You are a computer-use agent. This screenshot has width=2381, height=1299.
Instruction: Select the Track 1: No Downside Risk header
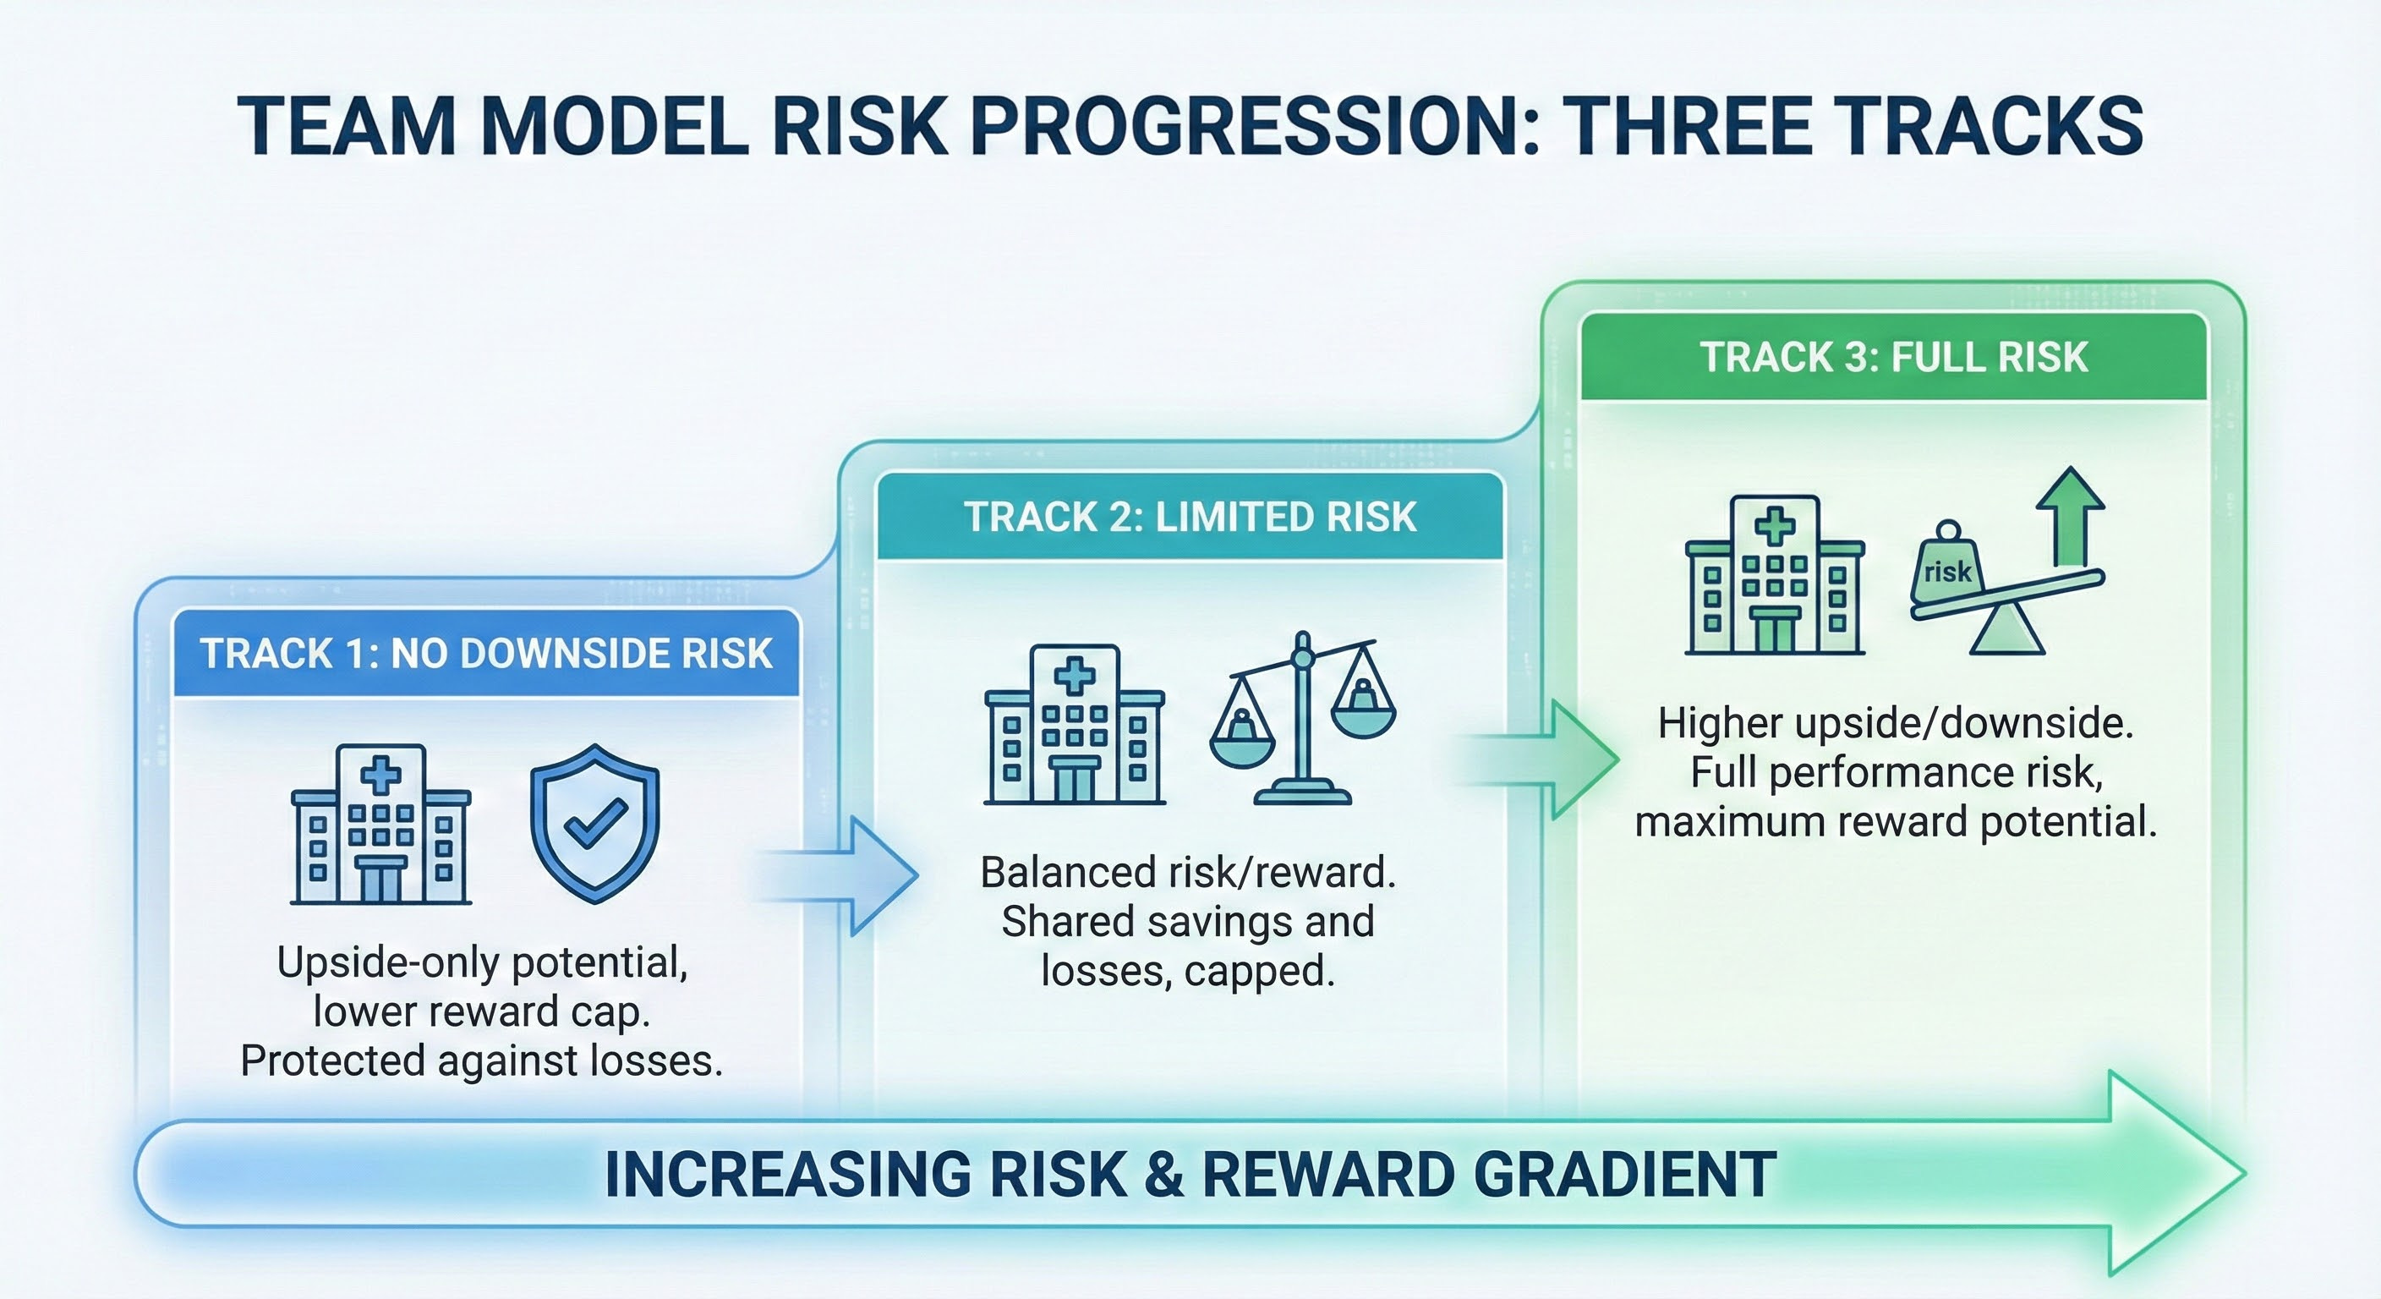click(486, 653)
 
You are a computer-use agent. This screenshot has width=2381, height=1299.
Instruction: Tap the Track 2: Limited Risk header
click(1190, 516)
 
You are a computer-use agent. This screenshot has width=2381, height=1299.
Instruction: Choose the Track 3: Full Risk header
click(1894, 357)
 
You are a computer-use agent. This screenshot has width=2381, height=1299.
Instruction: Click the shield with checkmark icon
click(595, 824)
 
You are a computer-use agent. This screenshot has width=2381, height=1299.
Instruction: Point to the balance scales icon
click(1303, 718)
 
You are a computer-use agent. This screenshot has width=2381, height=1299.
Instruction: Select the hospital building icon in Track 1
click(380, 824)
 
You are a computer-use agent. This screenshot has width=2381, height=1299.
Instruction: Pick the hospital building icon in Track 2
click(1074, 724)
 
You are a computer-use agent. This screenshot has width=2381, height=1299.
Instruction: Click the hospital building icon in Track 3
click(1775, 575)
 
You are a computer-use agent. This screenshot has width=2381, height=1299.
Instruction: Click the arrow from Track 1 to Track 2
click(836, 875)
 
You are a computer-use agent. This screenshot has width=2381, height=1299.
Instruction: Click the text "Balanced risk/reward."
click(1188, 872)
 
